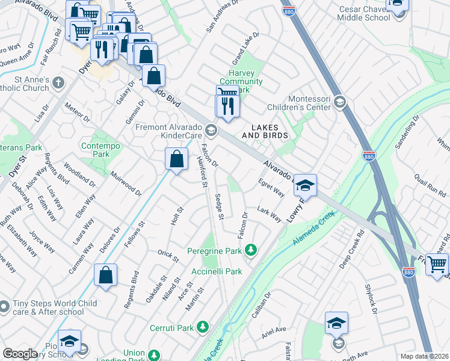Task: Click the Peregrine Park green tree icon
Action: click(x=251, y=250)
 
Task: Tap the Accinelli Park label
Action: click(x=217, y=272)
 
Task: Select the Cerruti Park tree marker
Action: click(x=204, y=327)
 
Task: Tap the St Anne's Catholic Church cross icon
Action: click(x=58, y=83)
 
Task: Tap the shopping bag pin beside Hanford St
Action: click(x=176, y=161)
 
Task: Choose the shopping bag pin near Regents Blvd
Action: click(x=105, y=276)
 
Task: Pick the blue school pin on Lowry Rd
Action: click(x=305, y=187)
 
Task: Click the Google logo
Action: click(x=20, y=354)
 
